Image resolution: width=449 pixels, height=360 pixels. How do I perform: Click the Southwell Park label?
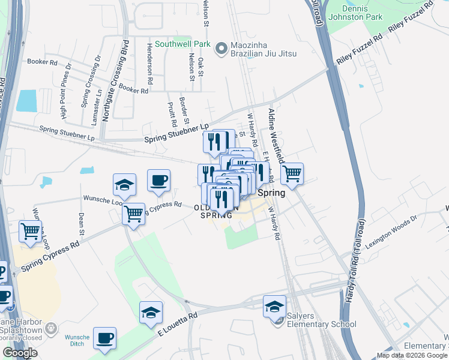click(182, 44)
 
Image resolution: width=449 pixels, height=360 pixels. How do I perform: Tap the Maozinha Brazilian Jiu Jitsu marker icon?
click(221, 47)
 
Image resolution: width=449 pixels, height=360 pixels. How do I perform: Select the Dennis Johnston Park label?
click(363, 13)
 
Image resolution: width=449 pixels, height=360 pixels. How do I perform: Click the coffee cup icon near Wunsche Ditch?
click(105, 338)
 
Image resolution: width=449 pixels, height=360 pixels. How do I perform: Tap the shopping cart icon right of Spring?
click(292, 174)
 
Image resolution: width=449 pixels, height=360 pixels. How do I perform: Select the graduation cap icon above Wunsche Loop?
click(125, 185)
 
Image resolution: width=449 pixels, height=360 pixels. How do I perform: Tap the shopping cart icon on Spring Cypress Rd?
click(134, 213)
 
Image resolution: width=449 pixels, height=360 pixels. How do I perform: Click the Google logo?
click(20, 353)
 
